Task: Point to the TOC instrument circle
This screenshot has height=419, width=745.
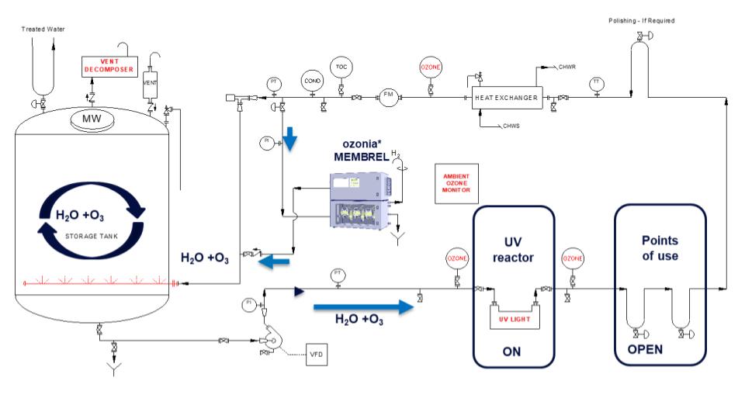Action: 341,68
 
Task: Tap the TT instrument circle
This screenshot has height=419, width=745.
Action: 596,82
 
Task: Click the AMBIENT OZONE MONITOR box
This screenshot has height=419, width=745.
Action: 457,184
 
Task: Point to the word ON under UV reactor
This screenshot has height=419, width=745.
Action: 513,351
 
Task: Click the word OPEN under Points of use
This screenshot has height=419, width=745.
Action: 644,349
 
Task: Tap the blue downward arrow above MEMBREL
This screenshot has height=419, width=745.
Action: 289,139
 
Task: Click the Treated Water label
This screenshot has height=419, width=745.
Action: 43,29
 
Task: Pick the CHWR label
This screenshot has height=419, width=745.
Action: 567,68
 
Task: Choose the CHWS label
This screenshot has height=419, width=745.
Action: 511,126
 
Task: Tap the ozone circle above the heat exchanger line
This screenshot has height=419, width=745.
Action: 431,68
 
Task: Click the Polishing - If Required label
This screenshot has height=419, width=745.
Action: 641,21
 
